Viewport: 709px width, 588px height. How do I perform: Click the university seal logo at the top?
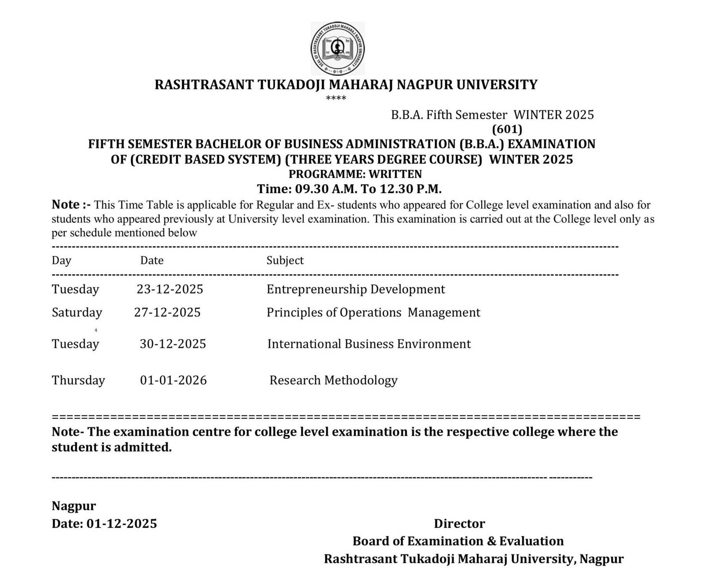pyautogui.click(x=338, y=48)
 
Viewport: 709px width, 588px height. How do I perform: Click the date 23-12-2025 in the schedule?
pyautogui.click(x=170, y=289)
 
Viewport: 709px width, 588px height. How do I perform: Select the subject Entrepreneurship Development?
pyautogui.click(x=355, y=289)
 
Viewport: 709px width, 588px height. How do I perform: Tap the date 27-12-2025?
pyautogui.click(x=167, y=312)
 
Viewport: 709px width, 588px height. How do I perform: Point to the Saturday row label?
pyautogui.click(x=77, y=312)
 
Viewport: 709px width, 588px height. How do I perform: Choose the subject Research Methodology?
pyautogui.click(x=333, y=380)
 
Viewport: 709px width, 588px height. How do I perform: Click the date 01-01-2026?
pyautogui.click(x=173, y=380)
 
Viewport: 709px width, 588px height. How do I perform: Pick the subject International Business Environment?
pyautogui.click(x=369, y=344)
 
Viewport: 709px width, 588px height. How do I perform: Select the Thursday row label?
pyautogui.click(x=78, y=380)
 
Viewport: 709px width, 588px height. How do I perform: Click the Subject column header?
pyautogui.click(x=285, y=260)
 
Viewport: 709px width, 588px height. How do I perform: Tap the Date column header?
pyautogui.click(x=152, y=260)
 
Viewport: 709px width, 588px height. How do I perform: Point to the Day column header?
pyautogui.click(x=61, y=260)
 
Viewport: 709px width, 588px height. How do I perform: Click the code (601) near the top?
pyautogui.click(x=507, y=129)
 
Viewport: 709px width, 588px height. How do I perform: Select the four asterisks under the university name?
pyautogui.click(x=335, y=98)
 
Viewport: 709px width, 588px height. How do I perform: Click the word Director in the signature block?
pyautogui.click(x=459, y=523)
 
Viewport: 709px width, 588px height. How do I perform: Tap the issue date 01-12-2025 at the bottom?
pyautogui.click(x=121, y=523)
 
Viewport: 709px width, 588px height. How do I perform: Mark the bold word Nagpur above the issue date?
pyautogui.click(x=74, y=506)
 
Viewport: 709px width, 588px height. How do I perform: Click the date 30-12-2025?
pyautogui.click(x=173, y=344)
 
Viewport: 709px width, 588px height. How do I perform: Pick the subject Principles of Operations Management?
pyautogui.click(x=373, y=312)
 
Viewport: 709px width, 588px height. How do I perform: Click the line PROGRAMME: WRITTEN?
pyautogui.click(x=355, y=174)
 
